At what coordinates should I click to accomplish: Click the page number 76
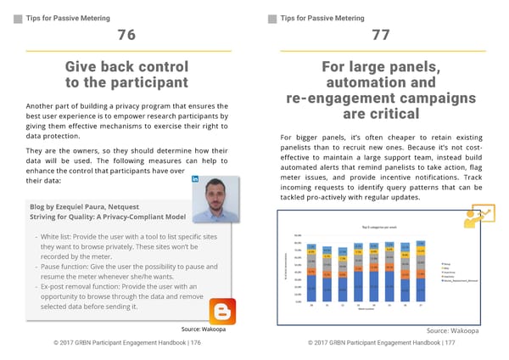coord(126,35)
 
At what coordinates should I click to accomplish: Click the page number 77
coord(381,35)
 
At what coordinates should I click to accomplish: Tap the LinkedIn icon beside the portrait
coord(196,180)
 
